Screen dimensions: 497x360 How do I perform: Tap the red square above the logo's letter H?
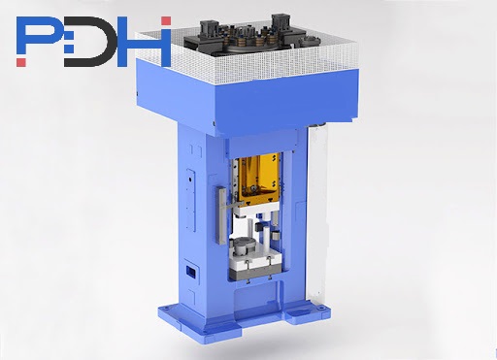[166, 20]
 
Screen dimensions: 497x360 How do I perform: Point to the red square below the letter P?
[21, 62]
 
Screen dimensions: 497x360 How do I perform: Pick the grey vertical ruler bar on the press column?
[222, 215]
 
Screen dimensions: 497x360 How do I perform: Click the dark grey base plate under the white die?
[255, 274]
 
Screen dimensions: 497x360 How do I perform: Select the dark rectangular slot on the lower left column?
[190, 272]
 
